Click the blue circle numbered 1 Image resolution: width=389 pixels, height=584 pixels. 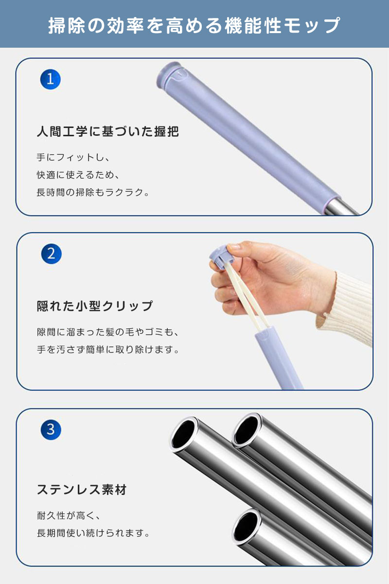[x=50, y=79]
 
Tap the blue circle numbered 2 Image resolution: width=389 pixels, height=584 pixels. [x=52, y=254]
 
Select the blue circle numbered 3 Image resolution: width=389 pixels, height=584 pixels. [x=51, y=429]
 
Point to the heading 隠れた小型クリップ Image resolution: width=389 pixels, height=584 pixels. [x=95, y=306]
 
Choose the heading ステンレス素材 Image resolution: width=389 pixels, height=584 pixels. [x=82, y=490]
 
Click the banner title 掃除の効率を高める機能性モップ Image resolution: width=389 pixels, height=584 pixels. [x=194, y=25]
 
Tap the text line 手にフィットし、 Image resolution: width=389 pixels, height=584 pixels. [x=73, y=157]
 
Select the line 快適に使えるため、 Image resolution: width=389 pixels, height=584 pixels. [x=78, y=175]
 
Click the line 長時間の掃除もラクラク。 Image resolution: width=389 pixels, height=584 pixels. [x=93, y=192]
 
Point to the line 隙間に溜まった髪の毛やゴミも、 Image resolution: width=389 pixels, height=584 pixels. [x=107, y=332]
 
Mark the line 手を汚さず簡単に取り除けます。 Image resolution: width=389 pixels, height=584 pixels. [x=108, y=349]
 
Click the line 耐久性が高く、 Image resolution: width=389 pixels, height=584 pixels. [x=69, y=515]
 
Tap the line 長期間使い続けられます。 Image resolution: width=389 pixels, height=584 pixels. [x=93, y=533]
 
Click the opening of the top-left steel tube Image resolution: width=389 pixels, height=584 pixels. [x=183, y=434]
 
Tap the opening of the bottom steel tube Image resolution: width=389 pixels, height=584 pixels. [x=246, y=527]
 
